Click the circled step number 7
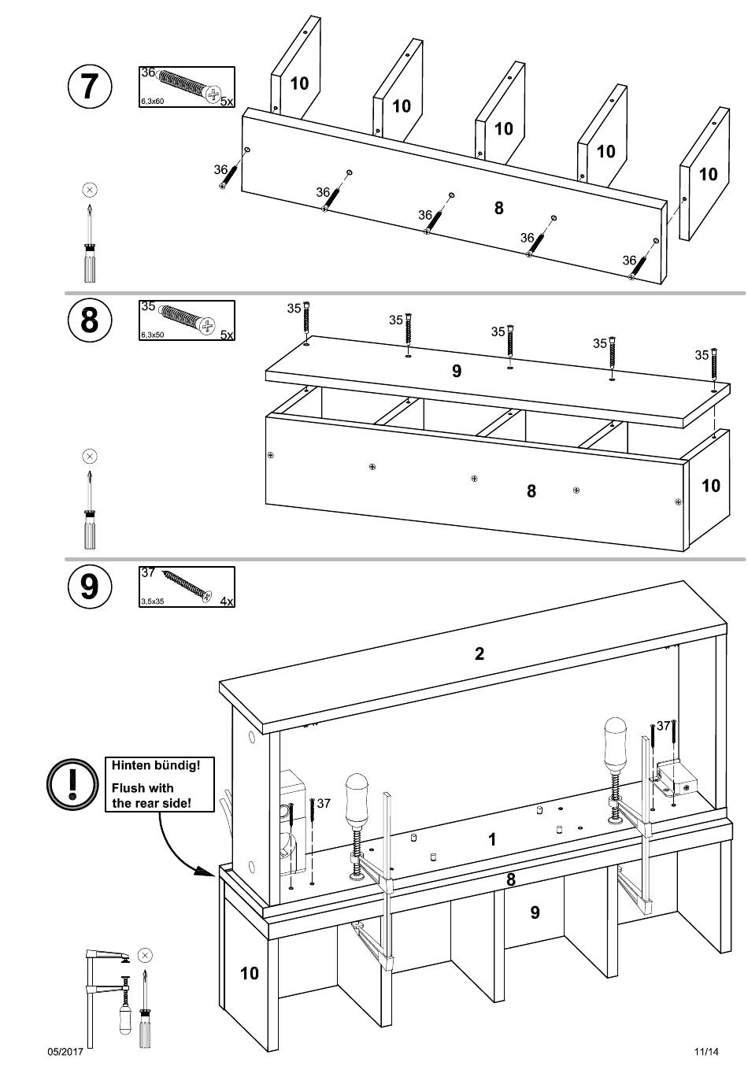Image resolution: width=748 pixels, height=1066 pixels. [x=89, y=85]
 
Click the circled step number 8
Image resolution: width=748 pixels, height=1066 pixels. [x=89, y=320]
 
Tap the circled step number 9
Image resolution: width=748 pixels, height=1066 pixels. [x=89, y=586]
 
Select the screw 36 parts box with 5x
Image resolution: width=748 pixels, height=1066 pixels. [x=187, y=87]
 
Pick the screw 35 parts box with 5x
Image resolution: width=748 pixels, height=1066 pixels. [x=187, y=320]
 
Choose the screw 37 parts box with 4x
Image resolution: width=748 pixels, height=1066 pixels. [x=187, y=587]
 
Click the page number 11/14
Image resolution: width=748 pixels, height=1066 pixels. [x=706, y=1051]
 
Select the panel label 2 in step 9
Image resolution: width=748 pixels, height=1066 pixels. [x=480, y=653]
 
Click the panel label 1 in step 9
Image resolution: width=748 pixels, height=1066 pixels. [x=492, y=839]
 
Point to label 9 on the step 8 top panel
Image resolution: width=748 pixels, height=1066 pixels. [x=457, y=371]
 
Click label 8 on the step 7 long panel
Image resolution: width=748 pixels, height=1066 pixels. [x=498, y=208]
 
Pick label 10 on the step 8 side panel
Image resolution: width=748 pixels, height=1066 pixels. [x=710, y=486]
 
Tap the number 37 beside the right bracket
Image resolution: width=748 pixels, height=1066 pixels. [x=663, y=726]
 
